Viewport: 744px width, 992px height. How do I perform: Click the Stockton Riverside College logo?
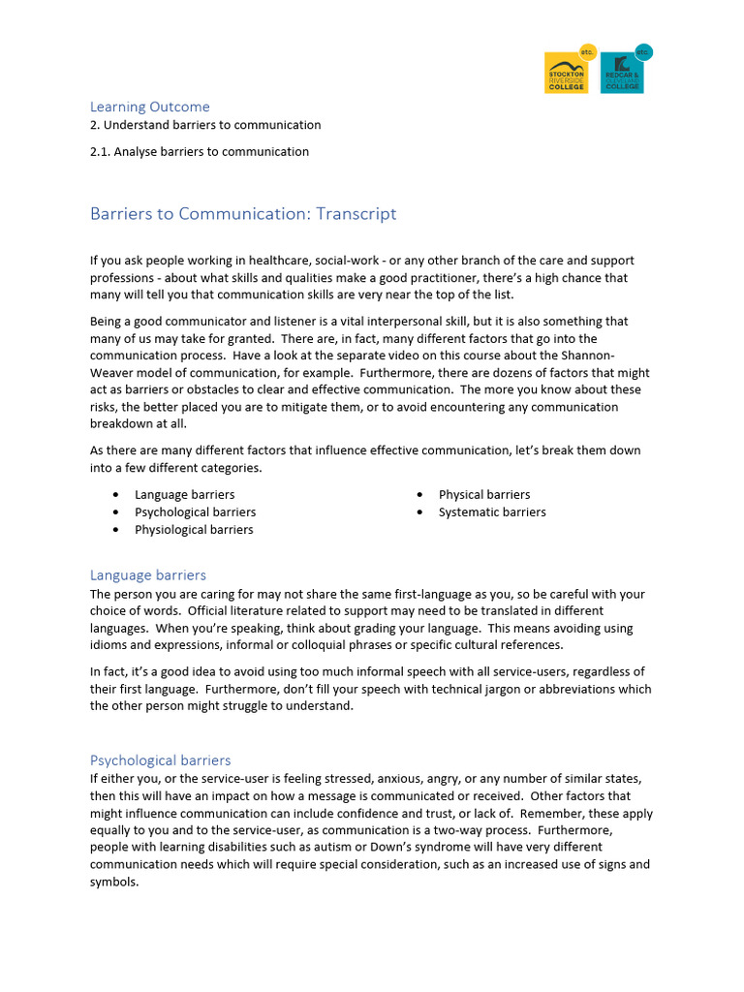(569, 71)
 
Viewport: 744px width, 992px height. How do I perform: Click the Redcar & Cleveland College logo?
(624, 71)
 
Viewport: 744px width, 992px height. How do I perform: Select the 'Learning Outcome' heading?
(149, 107)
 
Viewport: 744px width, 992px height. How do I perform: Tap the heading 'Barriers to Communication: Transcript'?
(243, 214)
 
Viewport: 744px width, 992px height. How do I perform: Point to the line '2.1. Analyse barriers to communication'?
(200, 151)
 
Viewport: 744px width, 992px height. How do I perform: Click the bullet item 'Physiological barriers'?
(194, 530)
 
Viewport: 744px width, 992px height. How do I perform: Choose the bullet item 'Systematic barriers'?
(492, 512)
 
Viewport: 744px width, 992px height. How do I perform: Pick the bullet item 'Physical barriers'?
(484, 495)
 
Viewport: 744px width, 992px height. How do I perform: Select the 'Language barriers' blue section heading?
(148, 575)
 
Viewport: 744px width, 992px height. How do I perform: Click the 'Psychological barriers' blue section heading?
(161, 760)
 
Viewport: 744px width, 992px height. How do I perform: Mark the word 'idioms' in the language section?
(109, 645)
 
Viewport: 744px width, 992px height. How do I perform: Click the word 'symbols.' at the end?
(114, 882)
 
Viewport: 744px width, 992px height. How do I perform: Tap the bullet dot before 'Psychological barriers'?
(115, 512)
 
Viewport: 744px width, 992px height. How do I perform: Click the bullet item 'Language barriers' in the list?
(184, 495)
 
